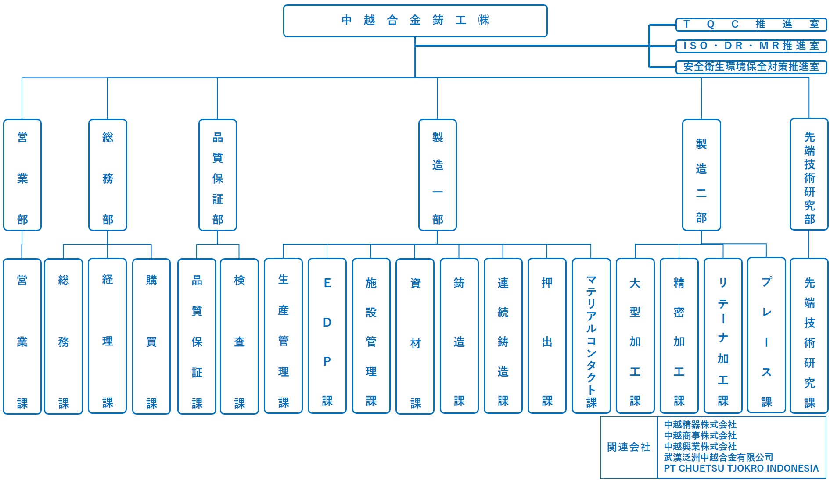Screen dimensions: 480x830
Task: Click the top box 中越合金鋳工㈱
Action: tap(415, 21)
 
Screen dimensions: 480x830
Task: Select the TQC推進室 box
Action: tap(751, 25)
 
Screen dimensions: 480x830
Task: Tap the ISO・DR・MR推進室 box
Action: tap(751, 46)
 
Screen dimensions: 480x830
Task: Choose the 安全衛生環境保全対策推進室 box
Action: tap(751, 67)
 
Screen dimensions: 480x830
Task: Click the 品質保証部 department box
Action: tap(218, 175)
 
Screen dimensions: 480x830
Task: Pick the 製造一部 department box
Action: tap(438, 175)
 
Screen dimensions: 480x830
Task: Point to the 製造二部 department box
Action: tap(701, 175)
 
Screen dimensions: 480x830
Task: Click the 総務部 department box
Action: tap(108, 175)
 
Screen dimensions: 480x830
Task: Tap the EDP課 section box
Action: tap(327, 336)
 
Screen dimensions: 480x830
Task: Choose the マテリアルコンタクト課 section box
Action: tap(591, 336)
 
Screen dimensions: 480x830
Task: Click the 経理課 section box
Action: tap(108, 336)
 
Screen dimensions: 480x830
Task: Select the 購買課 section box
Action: tap(151, 336)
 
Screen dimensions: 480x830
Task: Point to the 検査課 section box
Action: tap(239, 336)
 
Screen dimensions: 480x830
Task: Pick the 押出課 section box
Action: tap(547, 336)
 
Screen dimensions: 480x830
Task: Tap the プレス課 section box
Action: tap(766, 335)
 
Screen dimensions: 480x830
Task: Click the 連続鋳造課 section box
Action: tap(503, 336)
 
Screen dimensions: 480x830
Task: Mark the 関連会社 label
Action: tap(629, 447)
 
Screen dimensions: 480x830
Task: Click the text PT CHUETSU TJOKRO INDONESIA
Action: tap(741, 469)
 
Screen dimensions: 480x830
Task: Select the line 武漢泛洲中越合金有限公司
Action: tap(718, 458)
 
